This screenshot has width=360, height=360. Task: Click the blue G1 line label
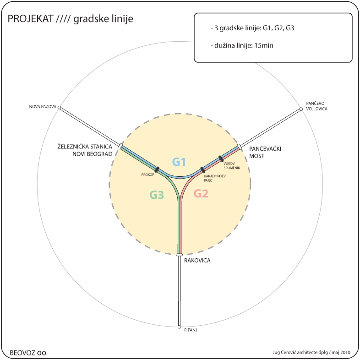pyautogui.click(x=179, y=162)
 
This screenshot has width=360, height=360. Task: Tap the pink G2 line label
pyautogui.click(x=201, y=194)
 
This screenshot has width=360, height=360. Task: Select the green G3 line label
pyautogui.click(x=157, y=195)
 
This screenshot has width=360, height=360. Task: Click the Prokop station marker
pyautogui.click(x=157, y=169)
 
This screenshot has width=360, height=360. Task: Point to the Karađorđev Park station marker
pyautogui.click(x=203, y=170)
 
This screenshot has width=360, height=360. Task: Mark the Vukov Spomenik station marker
pyautogui.click(x=221, y=158)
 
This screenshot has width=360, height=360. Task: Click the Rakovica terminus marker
pyautogui.click(x=179, y=255)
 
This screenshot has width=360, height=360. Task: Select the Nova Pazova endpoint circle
pyautogui.click(x=59, y=108)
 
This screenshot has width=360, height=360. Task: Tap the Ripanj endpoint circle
pyautogui.click(x=179, y=327)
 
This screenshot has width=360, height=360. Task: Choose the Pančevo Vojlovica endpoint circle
pyautogui.click(x=301, y=109)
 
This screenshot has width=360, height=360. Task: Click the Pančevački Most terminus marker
pyautogui.click(x=240, y=147)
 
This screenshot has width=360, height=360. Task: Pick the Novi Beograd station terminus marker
pyautogui.click(x=120, y=146)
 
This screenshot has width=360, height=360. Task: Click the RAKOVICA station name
pyautogui.click(x=197, y=261)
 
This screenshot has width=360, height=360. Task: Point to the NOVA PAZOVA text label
pyautogui.click(x=43, y=107)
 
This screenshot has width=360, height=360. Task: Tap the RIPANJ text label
pyautogui.click(x=191, y=330)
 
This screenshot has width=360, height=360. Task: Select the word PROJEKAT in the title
pyautogui.click(x=31, y=19)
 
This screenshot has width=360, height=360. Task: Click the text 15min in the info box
pyautogui.click(x=264, y=45)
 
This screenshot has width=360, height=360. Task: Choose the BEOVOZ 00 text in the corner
pyautogui.click(x=28, y=353)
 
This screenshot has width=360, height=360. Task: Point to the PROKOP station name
pyautogui.click(x=147, y=175)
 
